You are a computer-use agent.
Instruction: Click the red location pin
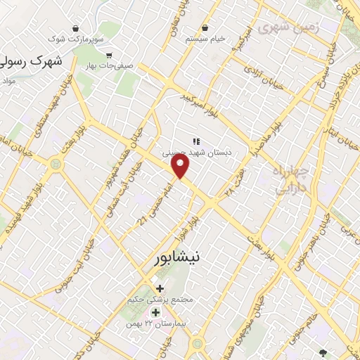tap(181, 166)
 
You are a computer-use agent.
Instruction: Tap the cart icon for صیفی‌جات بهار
tap(109, 56)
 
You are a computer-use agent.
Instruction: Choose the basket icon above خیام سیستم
tap(205, 28)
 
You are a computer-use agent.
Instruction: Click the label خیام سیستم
tap(205, 39)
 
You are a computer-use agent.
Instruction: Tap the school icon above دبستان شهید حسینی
tap(196, 141)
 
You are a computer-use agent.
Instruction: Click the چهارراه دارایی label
tap(290, 179)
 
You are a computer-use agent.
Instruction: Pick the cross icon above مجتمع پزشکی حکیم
tap(160, 288)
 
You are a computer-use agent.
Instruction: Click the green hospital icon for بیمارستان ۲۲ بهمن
tap(155, 311)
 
